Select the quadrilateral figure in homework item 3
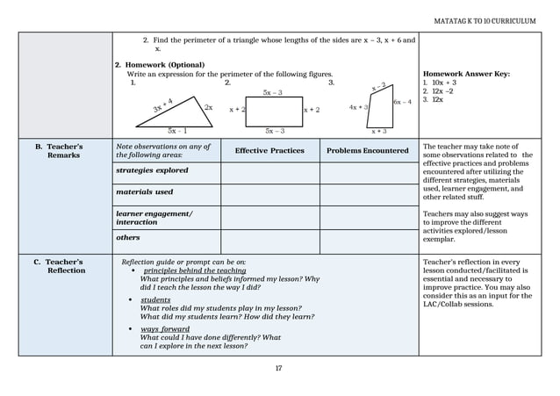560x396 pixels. coord(379,109)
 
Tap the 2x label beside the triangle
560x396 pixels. coord(209,107)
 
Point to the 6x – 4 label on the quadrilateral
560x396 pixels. coord(402,102)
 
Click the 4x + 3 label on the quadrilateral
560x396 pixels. coord(358,107)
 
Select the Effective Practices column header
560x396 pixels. coord(269,151)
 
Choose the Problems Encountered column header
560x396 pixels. coord(368,151)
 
